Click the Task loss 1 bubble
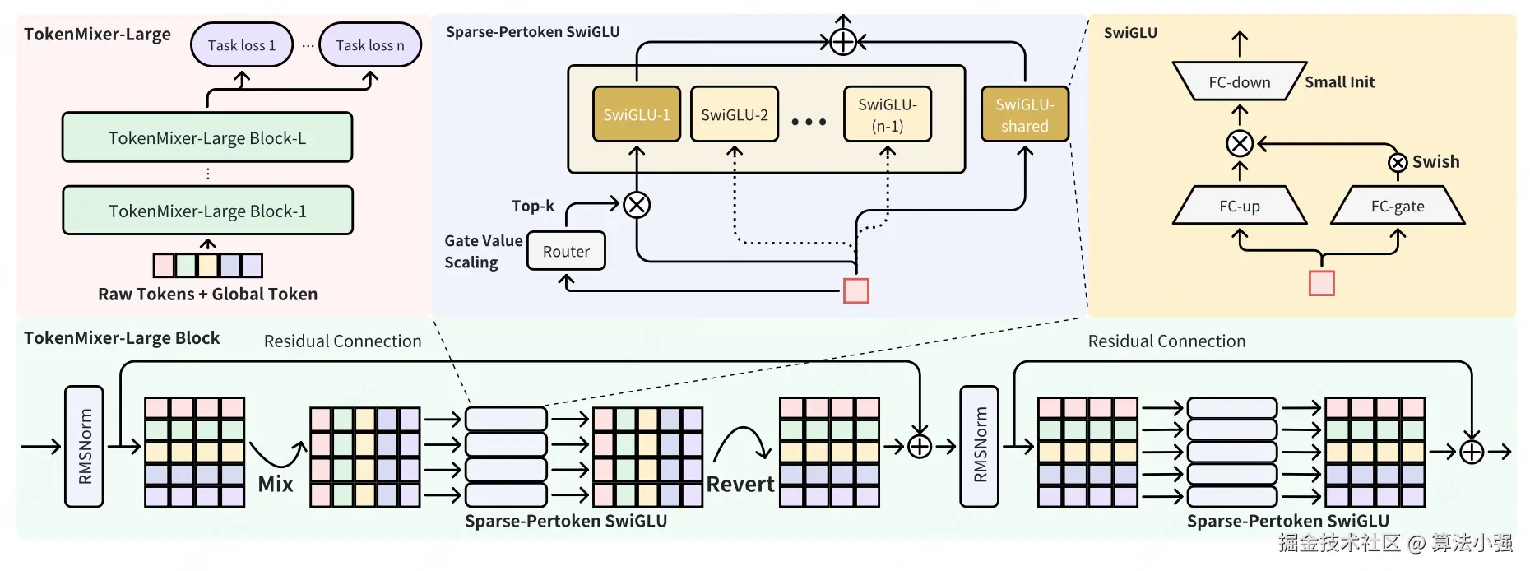242,45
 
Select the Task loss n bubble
369,45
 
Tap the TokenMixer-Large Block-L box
207,137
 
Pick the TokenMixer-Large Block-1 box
207,211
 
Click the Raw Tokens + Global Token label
207,294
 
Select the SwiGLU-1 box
636,114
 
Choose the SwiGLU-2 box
734,114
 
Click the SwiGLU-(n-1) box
887,114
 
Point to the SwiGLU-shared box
1024,114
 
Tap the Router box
566,251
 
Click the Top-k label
532,206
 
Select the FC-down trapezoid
1239,81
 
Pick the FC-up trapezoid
1239,206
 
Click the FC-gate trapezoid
1397,206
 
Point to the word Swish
1435,161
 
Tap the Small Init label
1339,81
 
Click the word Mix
276,484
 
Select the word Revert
740,484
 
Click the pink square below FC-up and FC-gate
1321,283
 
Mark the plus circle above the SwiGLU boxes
843,41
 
